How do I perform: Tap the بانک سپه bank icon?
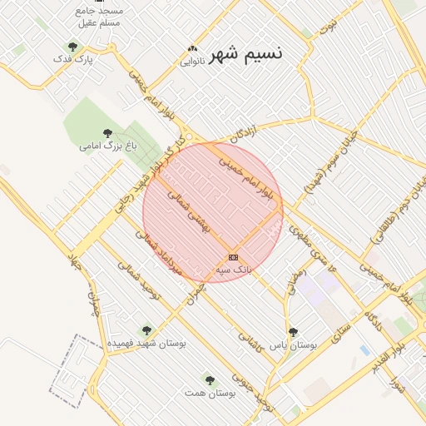click(232, 257)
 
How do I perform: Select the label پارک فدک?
click(73, 59)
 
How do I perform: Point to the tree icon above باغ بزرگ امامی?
click(107, 132)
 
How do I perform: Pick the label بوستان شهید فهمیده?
click(147, 342)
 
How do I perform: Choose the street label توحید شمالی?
click(137, 280)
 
